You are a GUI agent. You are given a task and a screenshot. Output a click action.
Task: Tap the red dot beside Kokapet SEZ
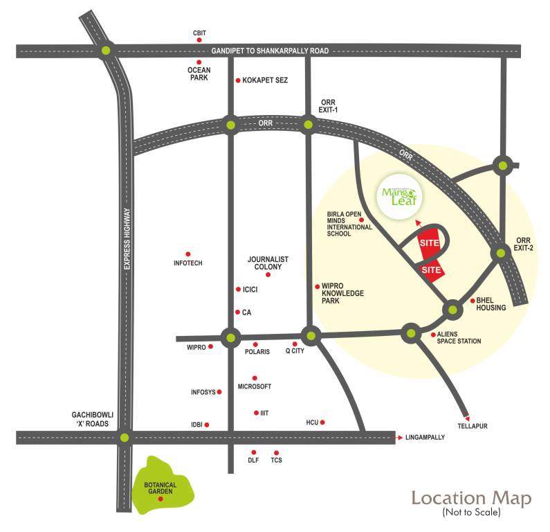238,80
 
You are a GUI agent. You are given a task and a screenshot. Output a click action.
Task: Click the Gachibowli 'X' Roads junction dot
125,437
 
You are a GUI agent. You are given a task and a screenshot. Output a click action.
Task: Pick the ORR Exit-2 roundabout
499,253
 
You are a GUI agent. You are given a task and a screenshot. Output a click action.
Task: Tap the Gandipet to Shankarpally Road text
270,51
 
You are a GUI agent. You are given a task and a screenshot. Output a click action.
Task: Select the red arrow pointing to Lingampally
399,437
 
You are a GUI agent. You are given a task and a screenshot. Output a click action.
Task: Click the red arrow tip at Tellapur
468,416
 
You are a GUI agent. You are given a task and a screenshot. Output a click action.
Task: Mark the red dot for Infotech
187,254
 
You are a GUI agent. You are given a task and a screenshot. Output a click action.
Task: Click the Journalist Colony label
268,263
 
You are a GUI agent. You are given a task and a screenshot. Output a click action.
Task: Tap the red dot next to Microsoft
255,378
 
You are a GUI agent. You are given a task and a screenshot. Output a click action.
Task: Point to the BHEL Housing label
491,304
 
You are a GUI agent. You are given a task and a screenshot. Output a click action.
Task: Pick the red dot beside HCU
322,422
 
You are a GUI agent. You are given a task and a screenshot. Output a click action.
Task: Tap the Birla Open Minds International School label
349,224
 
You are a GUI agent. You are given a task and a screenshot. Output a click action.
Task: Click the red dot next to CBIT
199,42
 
